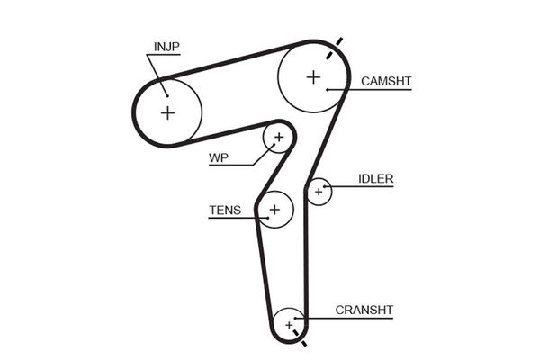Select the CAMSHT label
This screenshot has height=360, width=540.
pyautogui.click(x=386, y=81)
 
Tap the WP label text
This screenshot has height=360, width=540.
pyautogui.click(x=219, y=159)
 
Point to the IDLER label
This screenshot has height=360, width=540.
pyautogui.click(x=375, y=179)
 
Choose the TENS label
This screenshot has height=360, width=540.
pyautogui.click(x=224, y=211)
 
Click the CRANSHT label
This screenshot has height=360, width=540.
pyautogui.click(x=364, y=310)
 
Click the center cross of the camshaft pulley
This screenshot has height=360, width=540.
pyautogui.click(x=313, y=76)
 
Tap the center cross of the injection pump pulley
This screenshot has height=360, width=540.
pyautogui.click(x=167, y=112)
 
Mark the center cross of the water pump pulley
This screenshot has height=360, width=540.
pyautogui.click(x=278, y=137)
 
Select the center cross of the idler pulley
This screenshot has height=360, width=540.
pyautogui.click(x=318, y=192)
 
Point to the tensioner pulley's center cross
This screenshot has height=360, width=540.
pyautogui.click(x=275, y=210)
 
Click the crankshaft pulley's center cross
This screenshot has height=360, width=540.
pyautogui.click(x=290, y=323)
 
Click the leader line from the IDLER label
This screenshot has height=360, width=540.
pyautogui.click(x=342, y=186)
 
